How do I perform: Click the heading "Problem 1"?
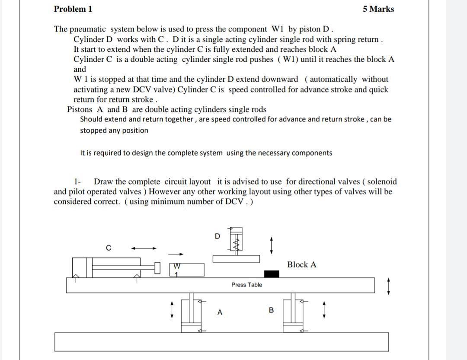pos(73,9)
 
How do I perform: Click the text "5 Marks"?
pos(378,9)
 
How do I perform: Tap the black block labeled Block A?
pos(272,274)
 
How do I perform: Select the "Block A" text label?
pos(301,264)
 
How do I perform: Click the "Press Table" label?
pos(246,285)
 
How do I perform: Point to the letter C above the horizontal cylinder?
pos(109,248)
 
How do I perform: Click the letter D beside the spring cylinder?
pos(218,236)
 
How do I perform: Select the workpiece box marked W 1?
pos(189,269)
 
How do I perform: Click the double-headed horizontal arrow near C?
pos(144,248)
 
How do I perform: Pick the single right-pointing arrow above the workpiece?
pos(176,254)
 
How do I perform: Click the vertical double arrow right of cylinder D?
pos(271,245)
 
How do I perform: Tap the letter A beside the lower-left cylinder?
pos(220,312)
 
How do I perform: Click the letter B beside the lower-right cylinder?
pos(272,310)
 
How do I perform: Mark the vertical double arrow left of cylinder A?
pos(173,309)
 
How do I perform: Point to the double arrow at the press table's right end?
pos(389,286)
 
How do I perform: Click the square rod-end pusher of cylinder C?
pos(158,268)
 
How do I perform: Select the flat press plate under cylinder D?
pos(236,258)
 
